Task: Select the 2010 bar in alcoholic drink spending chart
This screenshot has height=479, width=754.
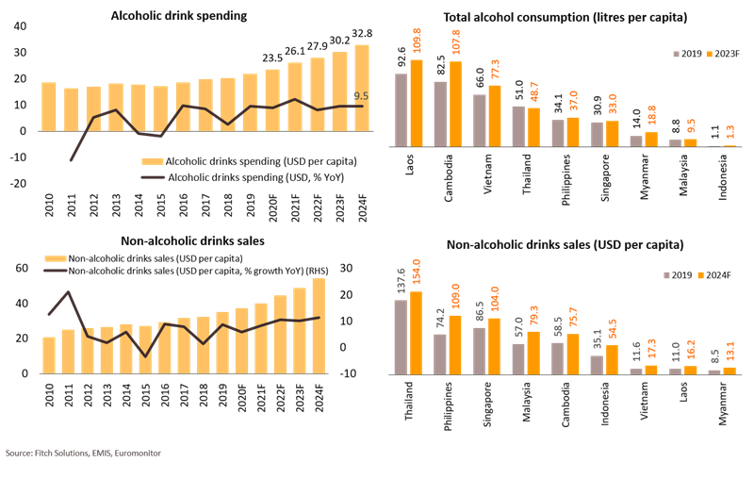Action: coord(49,106)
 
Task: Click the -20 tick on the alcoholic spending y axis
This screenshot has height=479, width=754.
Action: coord(18,183)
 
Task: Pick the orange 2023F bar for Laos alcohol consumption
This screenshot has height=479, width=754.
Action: coord(418,104)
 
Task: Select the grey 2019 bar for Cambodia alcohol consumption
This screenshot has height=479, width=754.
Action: coord(440,113)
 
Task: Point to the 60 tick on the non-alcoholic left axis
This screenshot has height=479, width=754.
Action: coord(21,270)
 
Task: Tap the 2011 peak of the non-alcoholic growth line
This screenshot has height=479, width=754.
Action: coord(67,292)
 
